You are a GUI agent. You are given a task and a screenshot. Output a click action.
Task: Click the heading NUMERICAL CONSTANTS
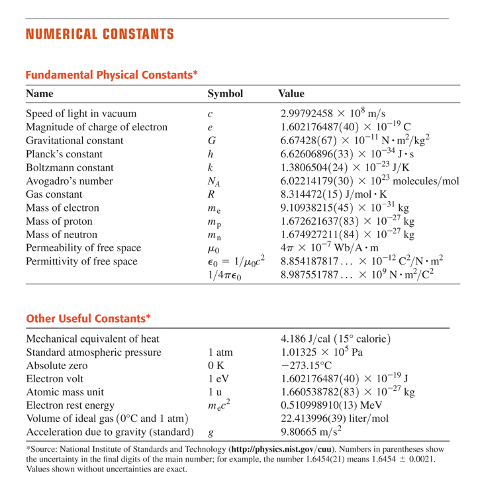[100, 34]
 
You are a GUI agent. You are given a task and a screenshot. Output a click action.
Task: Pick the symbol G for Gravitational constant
[211, 140]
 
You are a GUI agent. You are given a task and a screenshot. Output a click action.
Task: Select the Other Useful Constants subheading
[88, 319]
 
